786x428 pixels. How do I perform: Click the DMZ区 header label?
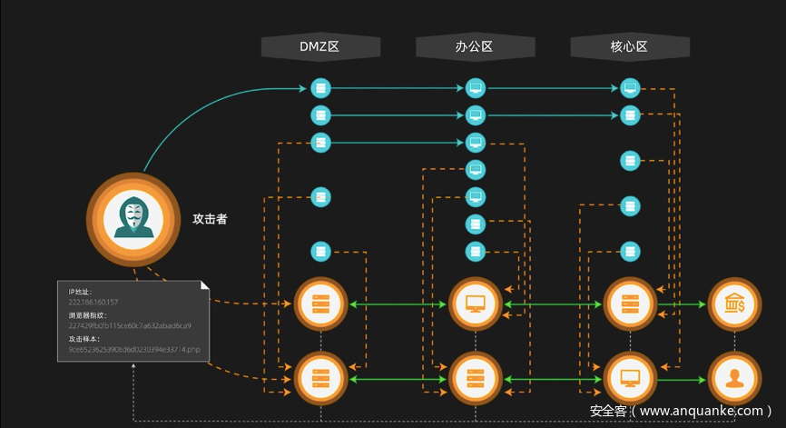point(319,46)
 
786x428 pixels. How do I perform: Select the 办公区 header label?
point(474,46)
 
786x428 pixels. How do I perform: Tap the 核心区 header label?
point(630,46)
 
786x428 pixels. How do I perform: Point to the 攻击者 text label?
point(210,219)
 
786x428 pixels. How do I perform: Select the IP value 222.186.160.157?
point(93,301)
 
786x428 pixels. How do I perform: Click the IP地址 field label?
point(80,291)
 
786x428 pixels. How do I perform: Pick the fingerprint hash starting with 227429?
point(129,325)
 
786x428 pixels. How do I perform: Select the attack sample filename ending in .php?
point(133,349)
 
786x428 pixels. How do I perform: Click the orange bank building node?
point(733,304)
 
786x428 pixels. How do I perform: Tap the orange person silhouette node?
point(733,377)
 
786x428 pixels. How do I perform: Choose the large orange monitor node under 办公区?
point(475,304)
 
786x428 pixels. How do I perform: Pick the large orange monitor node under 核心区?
point(630,377)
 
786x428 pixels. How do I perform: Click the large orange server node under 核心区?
point(630,304)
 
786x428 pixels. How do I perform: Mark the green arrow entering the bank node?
point(693,304)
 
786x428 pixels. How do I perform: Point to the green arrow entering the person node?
point(693,377)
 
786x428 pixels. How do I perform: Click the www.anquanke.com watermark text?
point(702,411)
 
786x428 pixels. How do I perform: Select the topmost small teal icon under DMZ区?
point(319,88)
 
